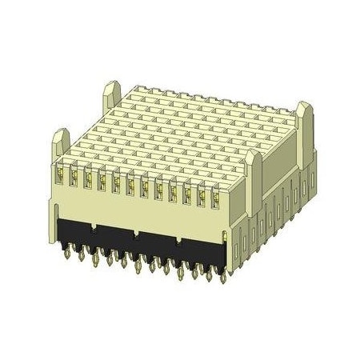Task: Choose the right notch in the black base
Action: tap(178, 244)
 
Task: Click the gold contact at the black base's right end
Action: tap(226, 240)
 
